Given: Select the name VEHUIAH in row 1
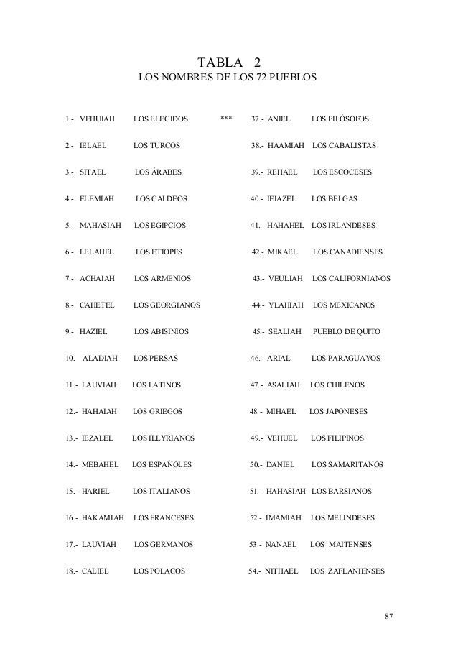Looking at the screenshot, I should click(97, 118).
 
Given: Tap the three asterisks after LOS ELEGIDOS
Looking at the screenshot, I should click(226, 118).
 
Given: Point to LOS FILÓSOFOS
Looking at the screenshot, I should click(340, 118).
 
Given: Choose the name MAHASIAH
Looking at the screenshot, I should click(101, 225).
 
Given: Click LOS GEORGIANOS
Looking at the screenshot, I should click(167, 305).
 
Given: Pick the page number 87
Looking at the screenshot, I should click(390, 616).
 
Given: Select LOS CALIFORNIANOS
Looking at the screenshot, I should click(352, 278).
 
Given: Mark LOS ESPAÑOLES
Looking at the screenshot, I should click(162, 464).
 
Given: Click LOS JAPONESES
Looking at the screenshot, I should click(338, 411).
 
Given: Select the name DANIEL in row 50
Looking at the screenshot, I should click(281, 464).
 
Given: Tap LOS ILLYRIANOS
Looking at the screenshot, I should click(163, 438).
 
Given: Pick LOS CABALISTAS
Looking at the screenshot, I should click(345, 145).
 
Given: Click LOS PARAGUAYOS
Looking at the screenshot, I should click(346, 358).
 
